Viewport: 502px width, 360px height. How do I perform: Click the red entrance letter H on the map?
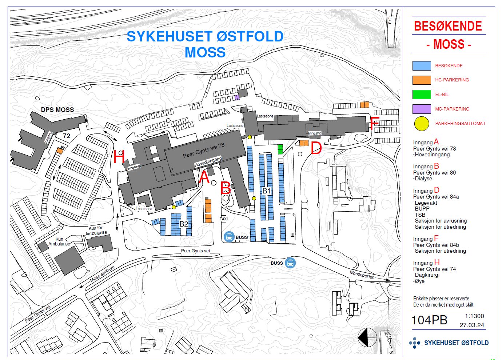click(x=119, y=158)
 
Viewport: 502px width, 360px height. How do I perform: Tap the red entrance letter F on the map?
click(x=375, y=124)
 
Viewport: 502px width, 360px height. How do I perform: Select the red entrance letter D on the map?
click(x=316, y=148)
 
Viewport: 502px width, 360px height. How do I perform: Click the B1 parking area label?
click(x=267, y=191)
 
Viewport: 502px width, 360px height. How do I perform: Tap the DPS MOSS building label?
click(x=57, y=110)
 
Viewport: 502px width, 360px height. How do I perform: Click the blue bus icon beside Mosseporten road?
click(x=290, y=263)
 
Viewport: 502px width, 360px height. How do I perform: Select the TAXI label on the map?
click(x=224, y=219)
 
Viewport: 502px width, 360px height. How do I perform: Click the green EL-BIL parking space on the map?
click(x=280, y=149)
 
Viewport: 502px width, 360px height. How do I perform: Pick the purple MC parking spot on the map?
click(x=237, y=97)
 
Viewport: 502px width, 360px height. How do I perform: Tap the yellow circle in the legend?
click(x=422, y=124)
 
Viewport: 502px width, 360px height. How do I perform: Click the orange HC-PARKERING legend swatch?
click(x=422, y=80)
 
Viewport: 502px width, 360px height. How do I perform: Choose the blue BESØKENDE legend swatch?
click(x=422, y=66)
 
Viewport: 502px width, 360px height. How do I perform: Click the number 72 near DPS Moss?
click(x=67, y=136)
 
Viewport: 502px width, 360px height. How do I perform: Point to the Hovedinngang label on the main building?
click(x=208, y=162)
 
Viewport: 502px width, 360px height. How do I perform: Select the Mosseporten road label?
click(x=362, y=275)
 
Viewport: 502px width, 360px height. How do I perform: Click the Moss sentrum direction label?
click(x=102, y=273)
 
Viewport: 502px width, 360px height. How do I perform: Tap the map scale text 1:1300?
click(x=474, y=316)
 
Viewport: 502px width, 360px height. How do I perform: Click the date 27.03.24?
click(x=472, y=325)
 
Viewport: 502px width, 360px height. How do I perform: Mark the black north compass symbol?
click(x=367, y=337)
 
